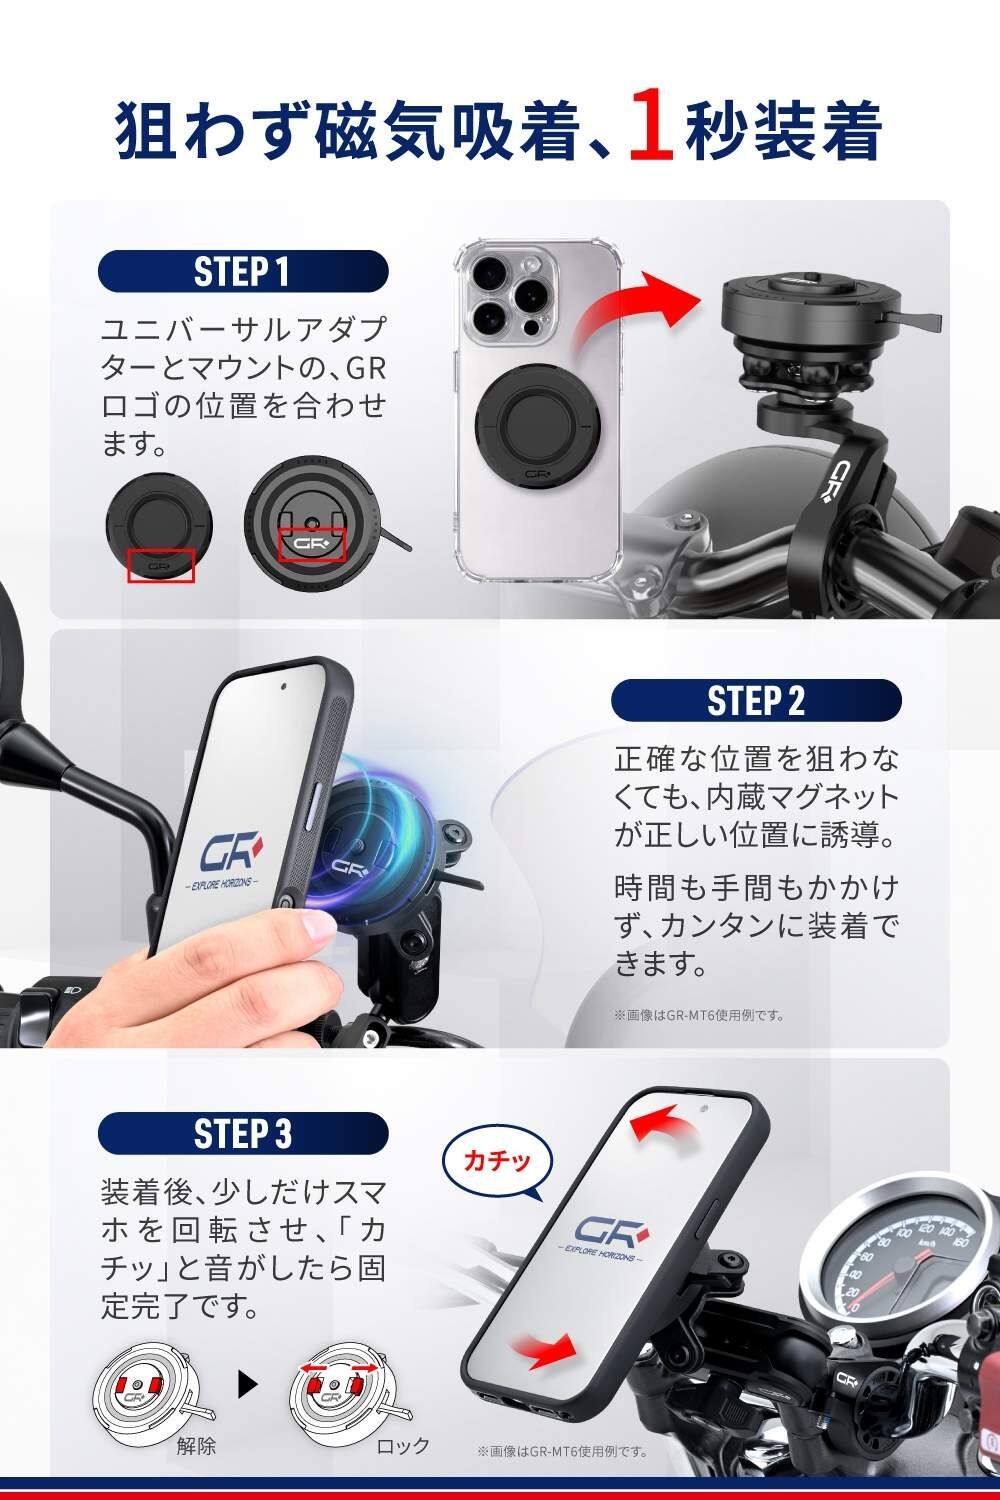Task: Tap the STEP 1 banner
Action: [243, 272]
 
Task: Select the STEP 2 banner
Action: [756, 700]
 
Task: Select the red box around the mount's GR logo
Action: [311, 544]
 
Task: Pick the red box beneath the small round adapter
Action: [161, 566]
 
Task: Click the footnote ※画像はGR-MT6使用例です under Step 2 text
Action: [699, 1015]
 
